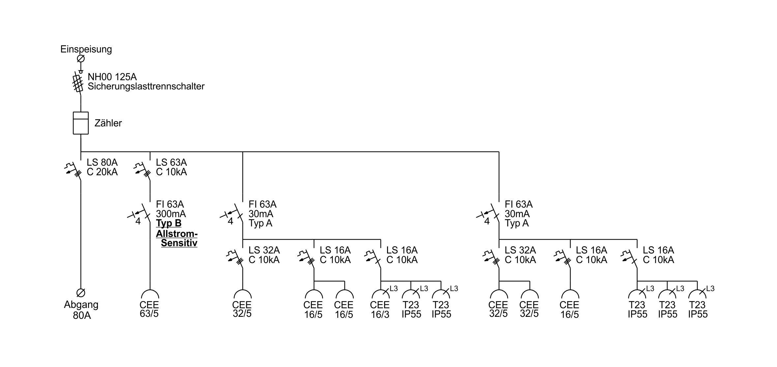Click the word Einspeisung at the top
86,50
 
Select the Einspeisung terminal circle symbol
81,59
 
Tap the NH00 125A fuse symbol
78,83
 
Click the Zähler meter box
81,123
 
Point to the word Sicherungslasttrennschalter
146,86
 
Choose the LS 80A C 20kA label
102,167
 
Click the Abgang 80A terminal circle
81,293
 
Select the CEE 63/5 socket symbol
150,294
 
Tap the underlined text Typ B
169,223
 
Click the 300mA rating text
171,214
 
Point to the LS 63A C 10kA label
171,167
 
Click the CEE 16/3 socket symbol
381,294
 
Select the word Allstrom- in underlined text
177,234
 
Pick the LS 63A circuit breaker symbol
142,171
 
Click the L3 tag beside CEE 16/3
394,289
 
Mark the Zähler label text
108,123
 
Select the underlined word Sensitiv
179,243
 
